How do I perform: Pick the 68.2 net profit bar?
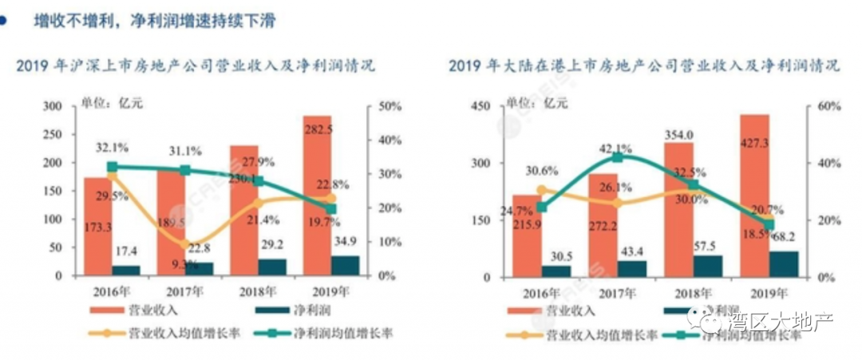[782, 264]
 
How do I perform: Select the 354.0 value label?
[678, 135]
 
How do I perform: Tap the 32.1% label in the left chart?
[113, 147]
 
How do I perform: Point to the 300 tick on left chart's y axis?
[53, 106]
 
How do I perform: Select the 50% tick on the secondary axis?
[389, 106]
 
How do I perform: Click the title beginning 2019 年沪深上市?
[195, 65]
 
